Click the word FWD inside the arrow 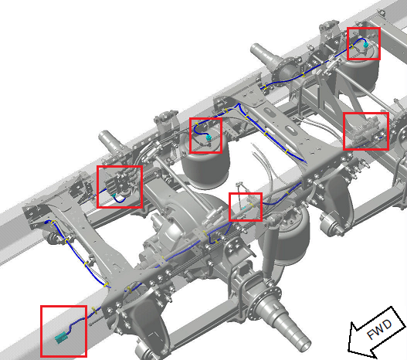[379, 329]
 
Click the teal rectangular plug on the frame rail [61, 338]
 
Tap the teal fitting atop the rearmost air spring [366, 45]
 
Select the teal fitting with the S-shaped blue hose [209, 138]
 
